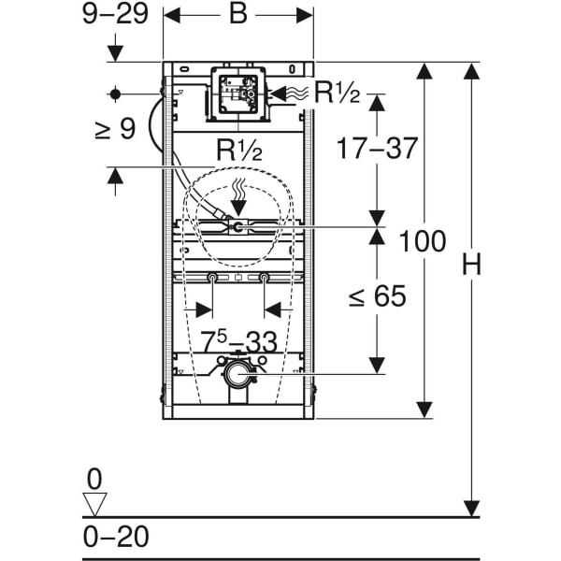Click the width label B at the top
[238, 14]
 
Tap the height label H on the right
[471, 264]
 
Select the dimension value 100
[423, 241]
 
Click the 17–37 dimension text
[377, 148]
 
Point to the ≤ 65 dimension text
[378, 295]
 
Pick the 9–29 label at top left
[115, 14]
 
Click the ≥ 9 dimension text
[115, 129]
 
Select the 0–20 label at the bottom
[116, 537]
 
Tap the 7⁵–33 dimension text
[238, 341]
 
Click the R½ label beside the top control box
[337, 93]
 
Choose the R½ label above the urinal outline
[239, 150]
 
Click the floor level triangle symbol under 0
[94, 505]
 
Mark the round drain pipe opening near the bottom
[237, 374]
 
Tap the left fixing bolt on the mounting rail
[212, 277]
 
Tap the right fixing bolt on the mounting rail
[264, 277]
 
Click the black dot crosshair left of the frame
[115, 94]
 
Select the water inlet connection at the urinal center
[237, 226]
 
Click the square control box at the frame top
[238, 94]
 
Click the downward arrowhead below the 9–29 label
[115, 53]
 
